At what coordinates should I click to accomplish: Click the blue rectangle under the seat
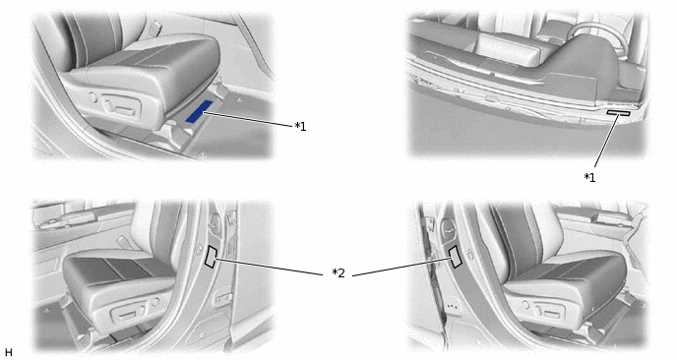[x=199, y=111]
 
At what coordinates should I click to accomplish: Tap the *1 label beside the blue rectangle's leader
[x=300, y=127]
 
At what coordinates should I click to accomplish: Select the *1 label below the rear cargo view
[x=589, y=177]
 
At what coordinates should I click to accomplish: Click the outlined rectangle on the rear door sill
[x=618, y=113]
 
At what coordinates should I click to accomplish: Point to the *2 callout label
[x=338, y=273]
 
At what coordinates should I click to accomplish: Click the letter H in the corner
[x=8, y=352]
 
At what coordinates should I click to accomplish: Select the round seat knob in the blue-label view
[x=92, y=97]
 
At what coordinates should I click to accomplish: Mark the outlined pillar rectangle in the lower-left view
[x=211, y=257]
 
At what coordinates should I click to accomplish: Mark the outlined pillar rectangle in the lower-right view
[x=455, y=257]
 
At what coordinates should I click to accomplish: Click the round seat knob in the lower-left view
[x=155, y=302]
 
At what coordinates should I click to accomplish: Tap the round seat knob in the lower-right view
[x=525, y=305]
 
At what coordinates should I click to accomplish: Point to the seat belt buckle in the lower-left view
[x=123, y=242]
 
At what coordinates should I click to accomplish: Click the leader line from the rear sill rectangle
[x=606, y=141]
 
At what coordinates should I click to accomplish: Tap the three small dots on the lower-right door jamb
[x=452, y=307]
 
